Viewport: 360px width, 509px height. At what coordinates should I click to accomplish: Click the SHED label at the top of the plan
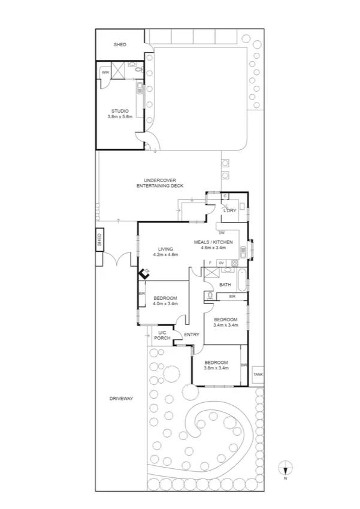pos(120,44)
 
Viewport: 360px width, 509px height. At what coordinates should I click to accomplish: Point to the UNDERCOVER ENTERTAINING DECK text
pos(159,183)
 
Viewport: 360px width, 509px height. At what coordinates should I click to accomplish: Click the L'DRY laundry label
pos(229,211)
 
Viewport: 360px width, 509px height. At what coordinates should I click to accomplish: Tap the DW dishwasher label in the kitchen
pos(222,233)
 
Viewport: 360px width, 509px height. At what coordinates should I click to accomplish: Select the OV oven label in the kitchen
pos(221,263)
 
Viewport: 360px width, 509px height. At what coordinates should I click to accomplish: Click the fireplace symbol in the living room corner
pos(144,273)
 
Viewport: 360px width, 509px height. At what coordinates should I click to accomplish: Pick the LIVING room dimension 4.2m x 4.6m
pos(164,255)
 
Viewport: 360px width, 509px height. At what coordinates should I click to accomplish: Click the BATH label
pos(225,285)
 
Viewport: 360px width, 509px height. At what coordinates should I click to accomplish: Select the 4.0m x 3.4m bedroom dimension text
pos(164,305)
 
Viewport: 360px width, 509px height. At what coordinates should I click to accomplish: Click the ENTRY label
pos(192,335)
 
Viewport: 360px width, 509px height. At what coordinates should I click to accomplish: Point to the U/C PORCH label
pos(162,336)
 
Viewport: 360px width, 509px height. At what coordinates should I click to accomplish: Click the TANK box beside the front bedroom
pos(258,374)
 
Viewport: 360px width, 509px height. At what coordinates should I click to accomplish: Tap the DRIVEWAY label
pos(121,399)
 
